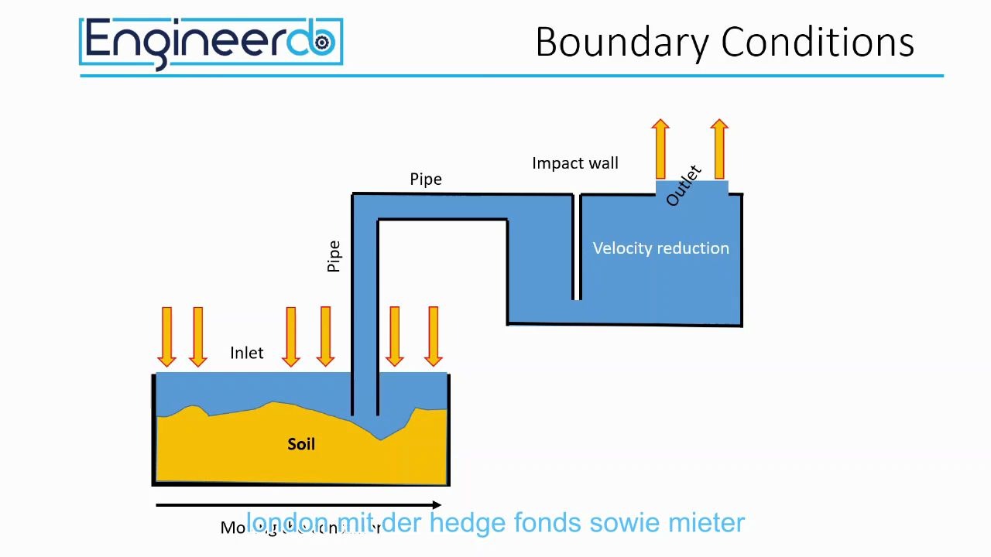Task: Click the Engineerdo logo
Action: [x=211, y=43]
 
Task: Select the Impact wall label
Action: [x=574, y=163]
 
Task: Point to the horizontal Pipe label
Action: [x=426, y=179]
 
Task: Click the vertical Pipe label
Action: [x=334, y=256]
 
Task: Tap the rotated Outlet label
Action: [x=683, y=186]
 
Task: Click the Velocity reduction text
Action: [x=660, y=248]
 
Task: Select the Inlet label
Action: [x=247, y=353]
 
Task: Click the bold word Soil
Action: [x=301, y=444]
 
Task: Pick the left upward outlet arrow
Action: [x=660, y=149]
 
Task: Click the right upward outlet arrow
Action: [x=719, y=149]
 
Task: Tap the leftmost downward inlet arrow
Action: [x=166, y=336]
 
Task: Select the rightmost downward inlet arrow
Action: [x=433, y=336]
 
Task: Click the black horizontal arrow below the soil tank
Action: [x=298, y=505]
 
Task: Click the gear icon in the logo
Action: [x=322, y=42]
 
